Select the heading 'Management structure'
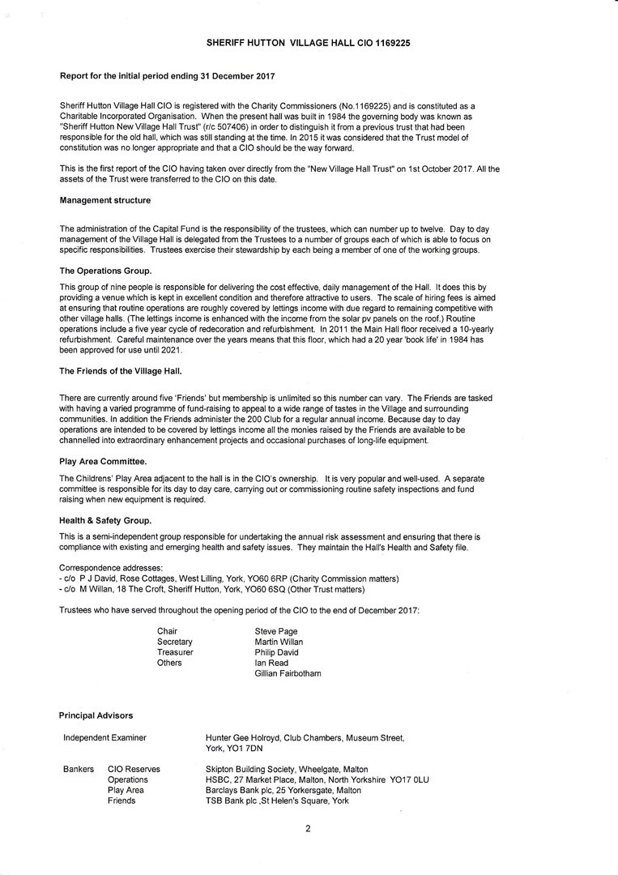pyautogui.click(x=104, y=200)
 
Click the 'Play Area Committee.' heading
pyautogui.click(x=103, y=461)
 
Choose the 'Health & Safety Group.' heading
pyautogui.click(x=105, y=520)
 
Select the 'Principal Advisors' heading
pyautogui.click(x=96, y=715)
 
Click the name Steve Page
pyautogui.click(x=275, y=631)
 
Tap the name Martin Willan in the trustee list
pyautogui.click(x=279, y=642)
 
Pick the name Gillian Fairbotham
pyautogui.click(x=288, y=673)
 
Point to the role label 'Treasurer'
pyautogui.click(x=175, y=652)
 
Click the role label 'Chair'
pyautogui.click(x=167, y=631)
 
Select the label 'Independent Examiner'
pyautogui.click(x=104, y=737)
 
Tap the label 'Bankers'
pyautogui.click(x=78, y=769)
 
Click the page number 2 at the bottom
pyautogui.click(x=308, y=828)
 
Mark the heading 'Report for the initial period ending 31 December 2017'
pyautogui.click(x=167, y=76)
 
